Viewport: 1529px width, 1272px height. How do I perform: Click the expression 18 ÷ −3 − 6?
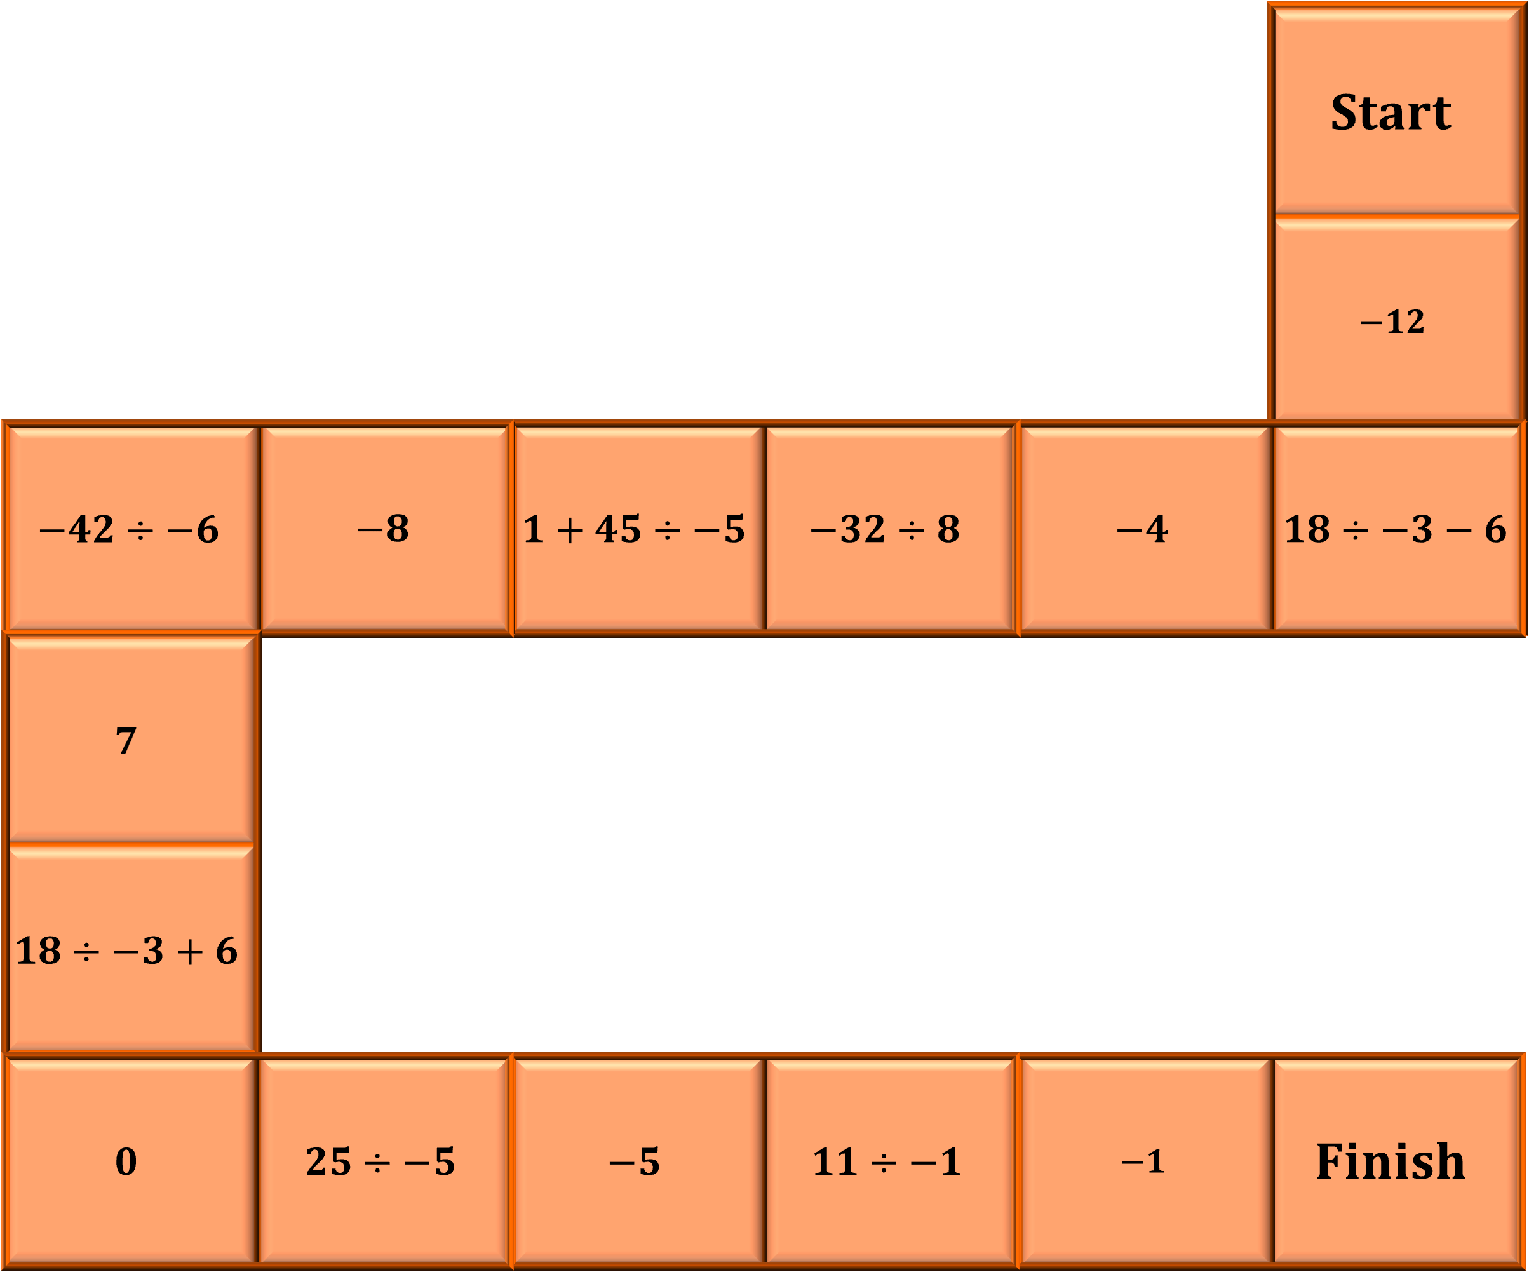pyautogui.click(x=1395, y=529)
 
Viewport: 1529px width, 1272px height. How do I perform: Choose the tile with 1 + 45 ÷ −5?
pyautogui.click(x=634, y=529)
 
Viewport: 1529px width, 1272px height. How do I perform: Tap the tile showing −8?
pyautogui.click(x=383, y=529)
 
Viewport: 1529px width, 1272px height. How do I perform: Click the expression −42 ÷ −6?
pyautogui.click(x=129, y=529)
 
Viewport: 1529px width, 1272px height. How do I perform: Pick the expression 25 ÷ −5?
pyautogui.click(x=380, y=1161)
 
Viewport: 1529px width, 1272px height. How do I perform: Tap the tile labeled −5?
pyautogui.click(x=634, y=1161)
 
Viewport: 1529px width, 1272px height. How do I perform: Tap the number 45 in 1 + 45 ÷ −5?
pyautogui.click(x=617, y=529)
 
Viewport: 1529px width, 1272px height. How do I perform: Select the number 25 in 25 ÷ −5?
pyautogui.click(x=328, y=1161)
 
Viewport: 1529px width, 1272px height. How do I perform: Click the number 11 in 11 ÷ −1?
pyautogui.click(x=835, y=1161)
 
